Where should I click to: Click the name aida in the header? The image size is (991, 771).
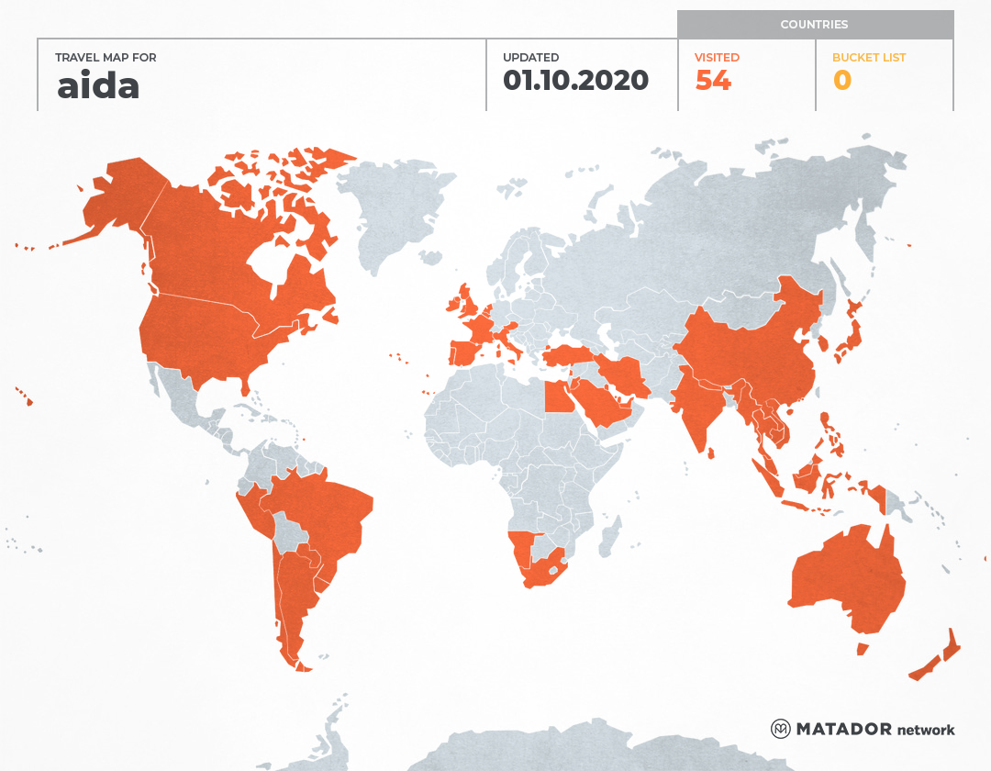[98, 85]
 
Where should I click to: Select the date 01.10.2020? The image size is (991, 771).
[575, 81]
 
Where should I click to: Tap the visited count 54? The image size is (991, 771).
[713, 81]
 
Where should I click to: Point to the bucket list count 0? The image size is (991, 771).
[842, 81]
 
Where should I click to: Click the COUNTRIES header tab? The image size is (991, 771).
[814, 25]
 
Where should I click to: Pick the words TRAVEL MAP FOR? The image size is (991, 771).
[106, 58]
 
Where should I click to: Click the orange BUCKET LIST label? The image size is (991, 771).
[868, 58]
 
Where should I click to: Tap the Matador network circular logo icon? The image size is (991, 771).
[781, 729]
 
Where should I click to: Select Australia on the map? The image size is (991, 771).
[844, 578]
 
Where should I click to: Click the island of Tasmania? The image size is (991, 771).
[863, 649]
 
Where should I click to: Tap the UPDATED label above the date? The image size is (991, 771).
[530, 58]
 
